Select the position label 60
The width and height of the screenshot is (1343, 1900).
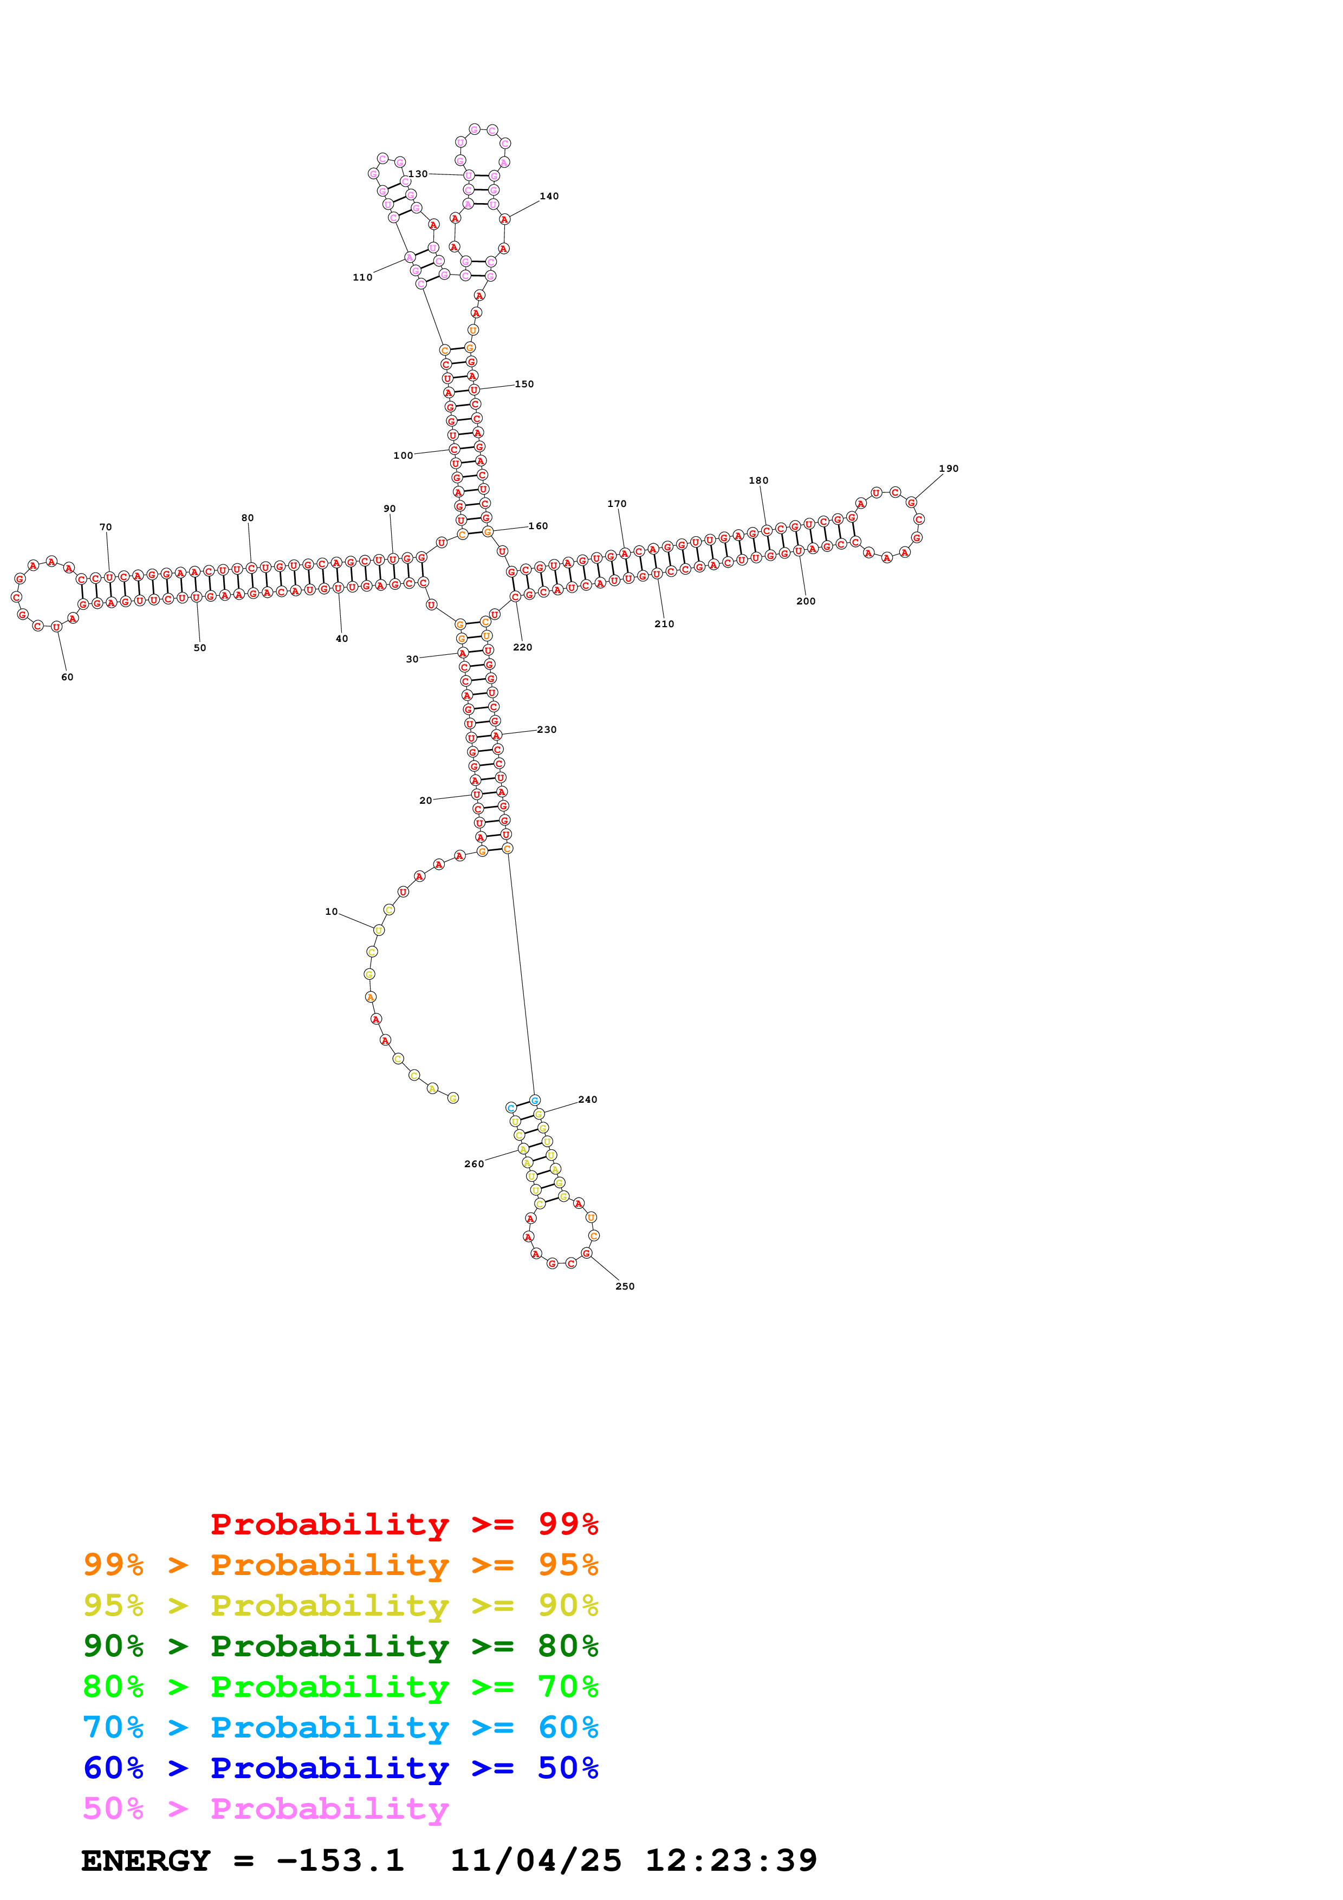(x=67, y=677)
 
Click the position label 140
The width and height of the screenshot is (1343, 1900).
(x=549, y=196)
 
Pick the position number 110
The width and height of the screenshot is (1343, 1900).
(x=362, y=277)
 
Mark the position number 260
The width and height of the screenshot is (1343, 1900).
(x=474, y=1163)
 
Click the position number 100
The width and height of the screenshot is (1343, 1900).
(x=403, y=455)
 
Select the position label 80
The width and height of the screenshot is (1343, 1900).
(x=248, y=518)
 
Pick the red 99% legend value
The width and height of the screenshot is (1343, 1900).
(x=568, y=1524)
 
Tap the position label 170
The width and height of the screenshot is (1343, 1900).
(x=617, y=503)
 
